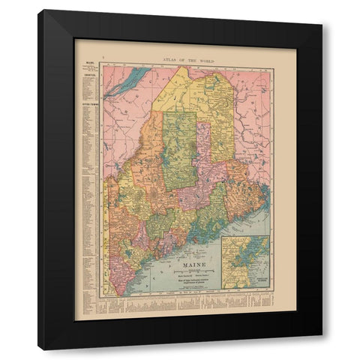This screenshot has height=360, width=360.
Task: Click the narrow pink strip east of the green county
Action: pos(203,150)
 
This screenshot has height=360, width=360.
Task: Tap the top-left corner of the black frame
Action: pos(40,11)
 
